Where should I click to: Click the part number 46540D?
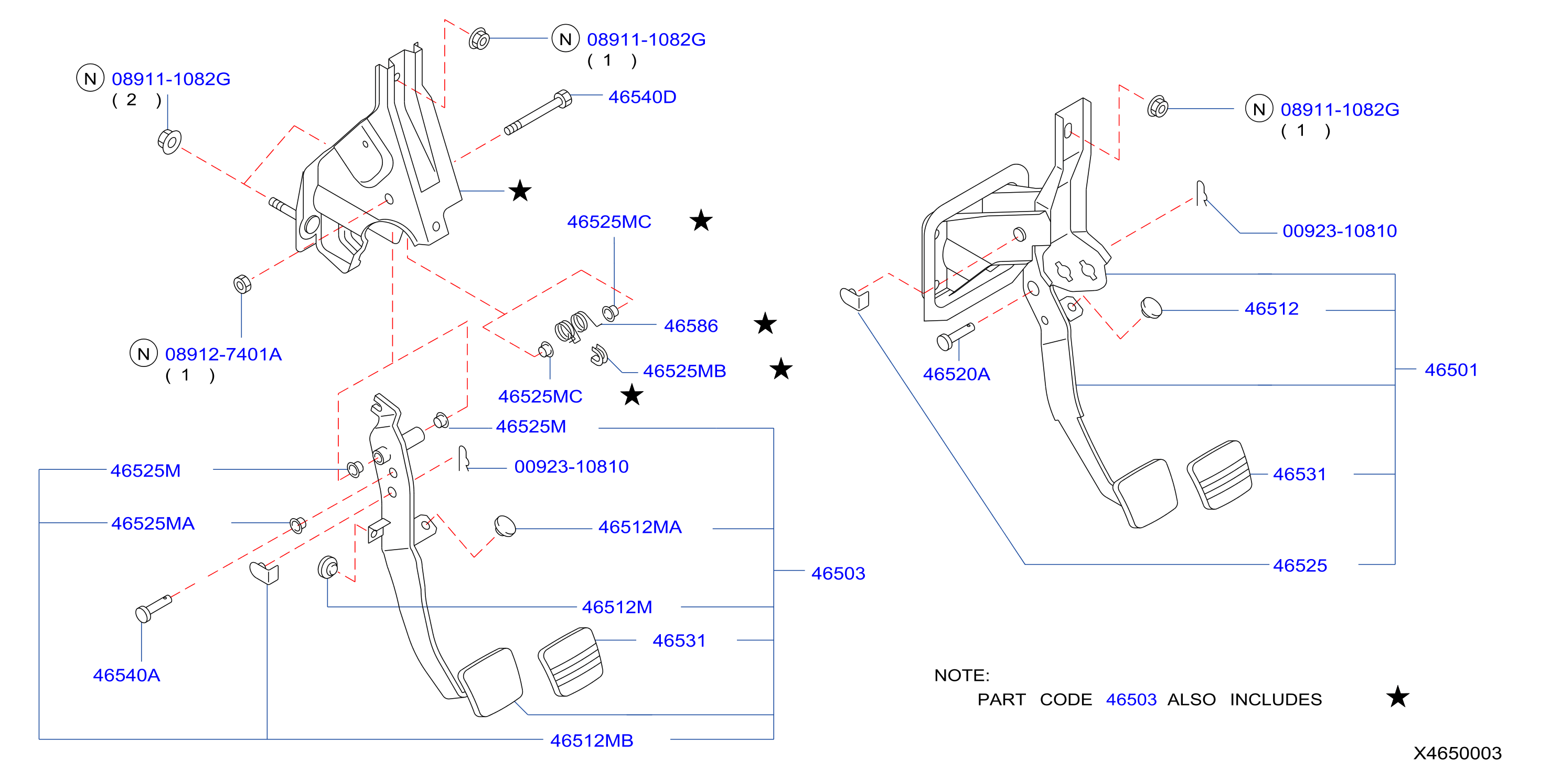coord(642,97)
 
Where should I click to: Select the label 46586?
coord(691,326)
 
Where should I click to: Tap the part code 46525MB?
coord(684,371)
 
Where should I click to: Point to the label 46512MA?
coord(640,527)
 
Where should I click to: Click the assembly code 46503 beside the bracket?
coord(838,573)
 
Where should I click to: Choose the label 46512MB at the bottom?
coord(591,740)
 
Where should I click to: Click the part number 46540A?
coord(126,675)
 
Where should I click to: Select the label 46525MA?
coord(153,523)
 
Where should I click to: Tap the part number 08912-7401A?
coord(223,354)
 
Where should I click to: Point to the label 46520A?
coord(956,374)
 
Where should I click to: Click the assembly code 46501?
coord(1451,370)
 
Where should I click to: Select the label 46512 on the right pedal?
coord(1271,309)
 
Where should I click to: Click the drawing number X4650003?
coord(1457,753)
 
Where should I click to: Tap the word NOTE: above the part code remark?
coord(962,675)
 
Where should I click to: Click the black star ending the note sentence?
coord(1398,697)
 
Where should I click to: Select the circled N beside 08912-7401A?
coord(144,354)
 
